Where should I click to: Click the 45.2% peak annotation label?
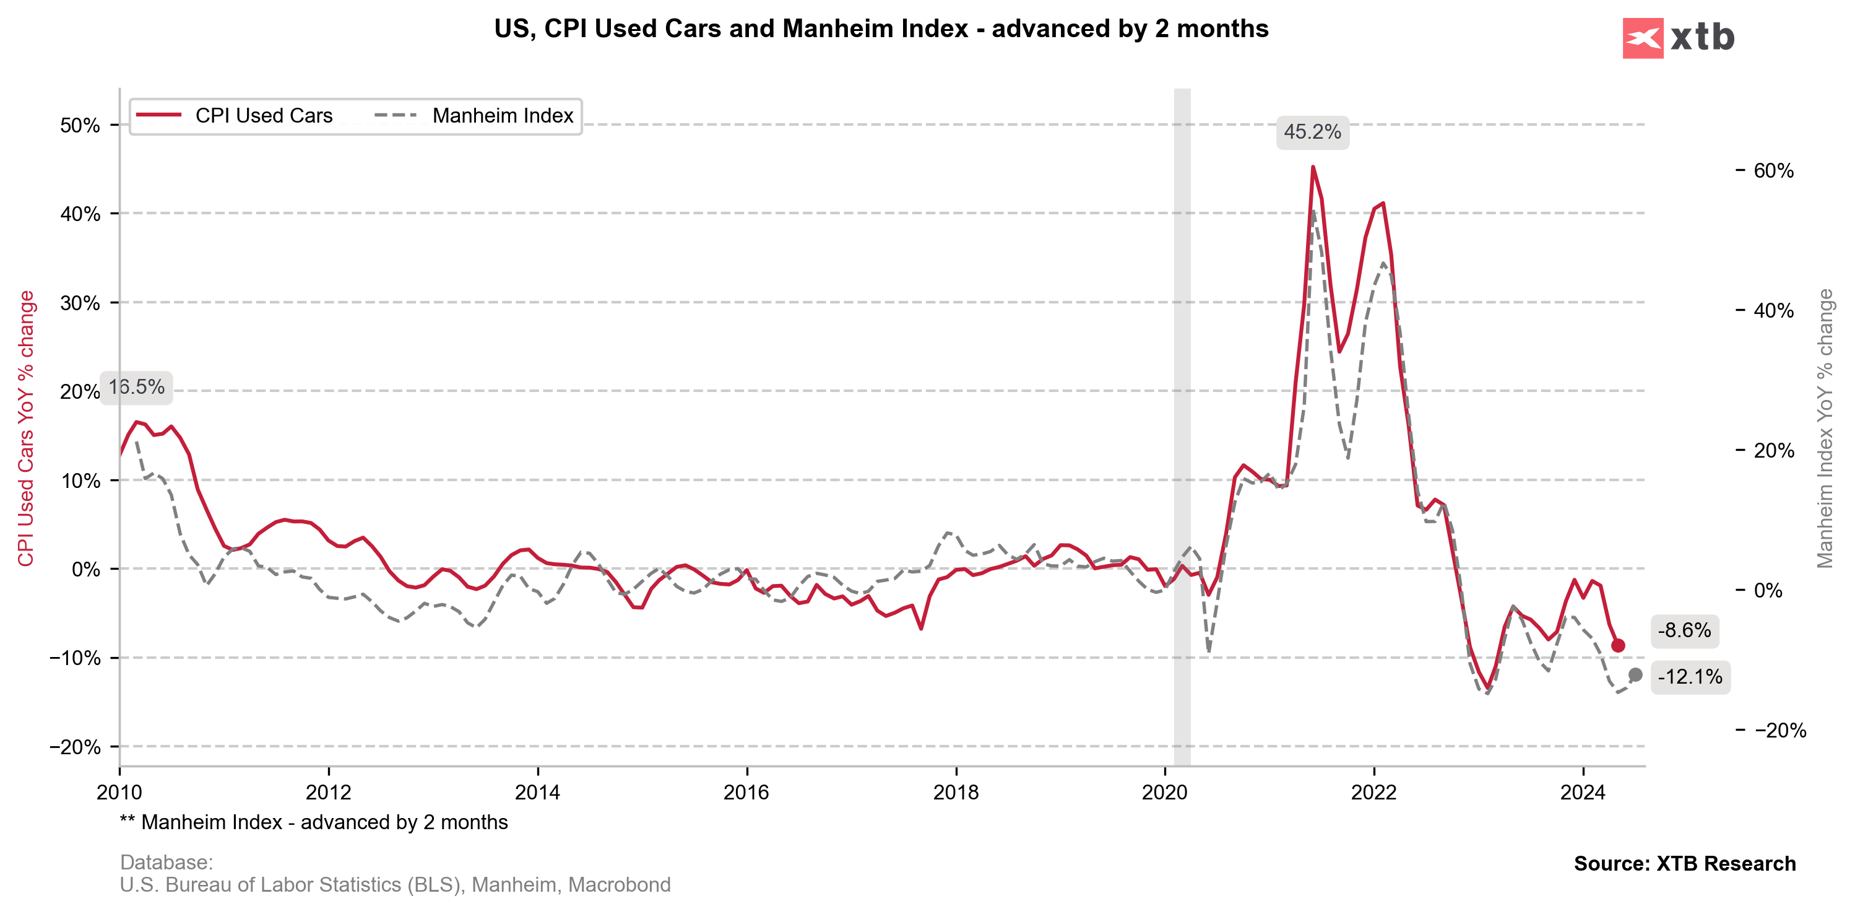[x=1312, y=133]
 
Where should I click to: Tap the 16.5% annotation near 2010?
[x=136, y=388]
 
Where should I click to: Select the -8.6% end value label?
[x=1684, y=631]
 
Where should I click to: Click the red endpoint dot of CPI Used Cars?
[x=1618, y=645]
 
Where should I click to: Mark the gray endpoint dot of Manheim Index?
[x=1635, y=675]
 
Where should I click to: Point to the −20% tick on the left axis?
[x=75, y=747]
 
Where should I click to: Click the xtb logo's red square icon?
[x=1643, y=38]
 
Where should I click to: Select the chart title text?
[x=881, y=29]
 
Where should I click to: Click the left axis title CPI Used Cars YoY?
[x=26, y=429]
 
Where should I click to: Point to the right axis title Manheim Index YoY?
[x=1825, y=429]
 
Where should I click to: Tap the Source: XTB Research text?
[x=1684, y=864]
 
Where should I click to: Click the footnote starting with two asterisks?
[x=314, y=822]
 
